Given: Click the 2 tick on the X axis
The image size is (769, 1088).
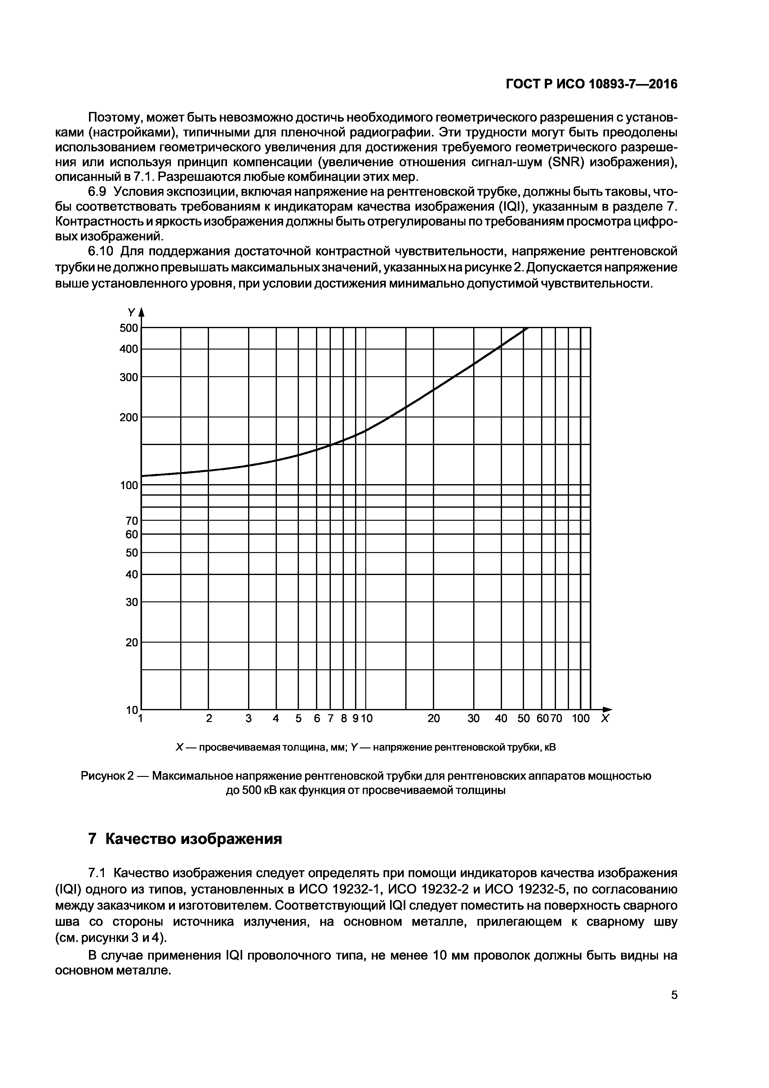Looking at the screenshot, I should point(209,718).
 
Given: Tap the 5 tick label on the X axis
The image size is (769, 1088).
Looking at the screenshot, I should point(298,718).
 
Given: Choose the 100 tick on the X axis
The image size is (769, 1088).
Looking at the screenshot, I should point(580,718).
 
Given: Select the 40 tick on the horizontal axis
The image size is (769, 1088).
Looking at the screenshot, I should point(501,718).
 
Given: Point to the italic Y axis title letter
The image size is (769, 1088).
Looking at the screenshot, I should point(131,313).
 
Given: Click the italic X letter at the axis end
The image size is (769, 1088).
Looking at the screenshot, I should point(605,718).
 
